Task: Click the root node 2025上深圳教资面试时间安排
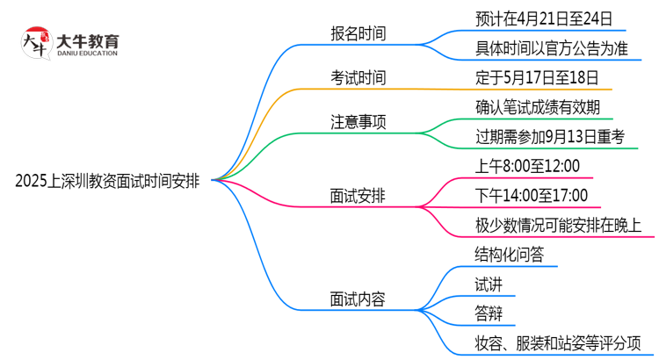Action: tap(107, 182)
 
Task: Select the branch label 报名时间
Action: tap(357, 33)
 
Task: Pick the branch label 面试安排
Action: tap(357, 198)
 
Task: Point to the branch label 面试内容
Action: tap(357, 299)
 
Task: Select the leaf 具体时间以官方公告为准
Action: tap(547, 47)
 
